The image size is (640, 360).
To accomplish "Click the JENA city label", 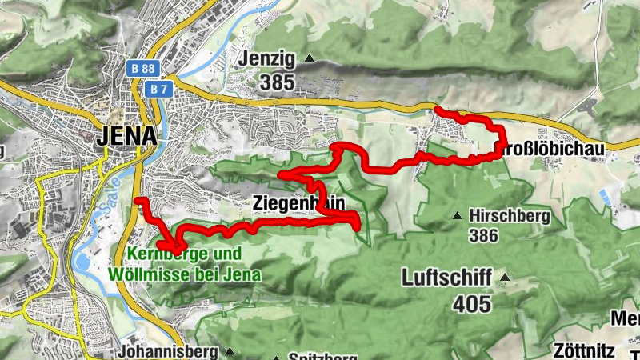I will (126, 136).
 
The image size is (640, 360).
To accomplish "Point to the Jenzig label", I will (266, 58).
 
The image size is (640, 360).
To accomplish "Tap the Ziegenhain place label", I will (298, 202).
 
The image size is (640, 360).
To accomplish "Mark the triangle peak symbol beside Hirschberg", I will (457, 216).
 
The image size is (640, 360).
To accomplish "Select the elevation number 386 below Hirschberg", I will (484, 236).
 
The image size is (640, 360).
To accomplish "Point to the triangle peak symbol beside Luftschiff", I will (505, 278).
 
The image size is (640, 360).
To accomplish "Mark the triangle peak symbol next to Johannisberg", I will (230, 351).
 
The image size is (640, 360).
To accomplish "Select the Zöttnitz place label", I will (584, 350).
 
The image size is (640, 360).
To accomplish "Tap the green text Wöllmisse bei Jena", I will (185, 274).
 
